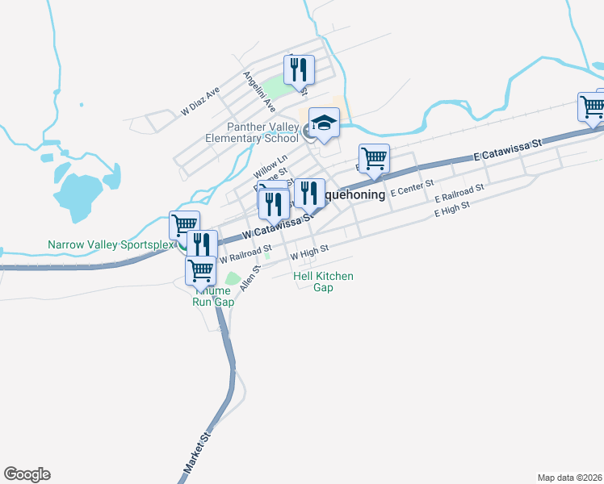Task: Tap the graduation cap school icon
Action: tap(324, 123)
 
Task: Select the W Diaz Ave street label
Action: tap(200, 102)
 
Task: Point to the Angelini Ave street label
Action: tap(260, 90)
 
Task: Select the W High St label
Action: tap(309, 252)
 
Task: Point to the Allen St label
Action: tap(248, 278)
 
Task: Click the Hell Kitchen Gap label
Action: tap(323, 282)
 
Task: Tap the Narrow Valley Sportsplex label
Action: tap(111, 244)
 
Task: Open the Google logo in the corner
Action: tap(27, 474)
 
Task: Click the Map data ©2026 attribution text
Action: tap(569, 478)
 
